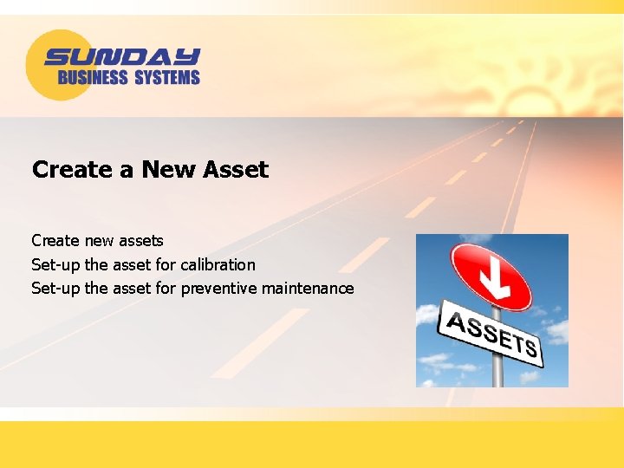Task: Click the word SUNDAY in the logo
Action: pyautogui.click(x=122, y=57)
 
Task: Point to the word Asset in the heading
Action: pyautogui.click(x=236, y=169)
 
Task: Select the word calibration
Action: pyautogui.click(x=218, y=264)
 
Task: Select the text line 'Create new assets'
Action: pyautogui.click(x=97, y=240)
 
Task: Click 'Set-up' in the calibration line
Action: pyautogui.click(x=55, y=264)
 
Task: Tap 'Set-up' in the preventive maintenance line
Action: pyautogui.click(x=55, y=289)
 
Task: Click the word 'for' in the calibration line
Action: pyautogui.click(x=166, y=264)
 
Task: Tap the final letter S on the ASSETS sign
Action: pyautogui.click(x=530, y=348)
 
